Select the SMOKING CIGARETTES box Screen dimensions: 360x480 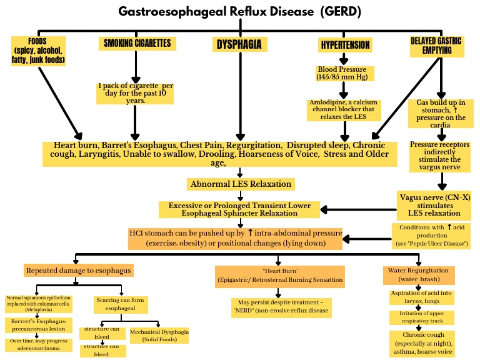coord(137,44)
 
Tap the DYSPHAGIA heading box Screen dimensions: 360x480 coord(238,44)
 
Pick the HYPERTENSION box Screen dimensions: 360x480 coord(345,45)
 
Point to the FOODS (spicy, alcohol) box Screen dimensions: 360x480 coord(39,51)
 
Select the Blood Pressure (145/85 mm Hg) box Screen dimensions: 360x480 coord(342,73)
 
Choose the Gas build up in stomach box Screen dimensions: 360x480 coord(441,111)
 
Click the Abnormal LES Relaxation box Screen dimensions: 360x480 coord(240,184)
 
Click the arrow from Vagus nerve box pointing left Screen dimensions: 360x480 coord(354,209)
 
